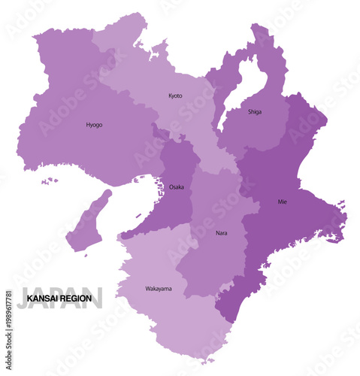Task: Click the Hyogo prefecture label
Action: coord(94,125)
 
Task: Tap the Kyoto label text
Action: coord(175,96)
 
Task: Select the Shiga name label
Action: coord(255,112)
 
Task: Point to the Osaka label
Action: coord(176,186)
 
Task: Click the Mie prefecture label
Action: coord(282,202)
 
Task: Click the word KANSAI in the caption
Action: coord(44,299)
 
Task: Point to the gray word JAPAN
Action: coord(60,296)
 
